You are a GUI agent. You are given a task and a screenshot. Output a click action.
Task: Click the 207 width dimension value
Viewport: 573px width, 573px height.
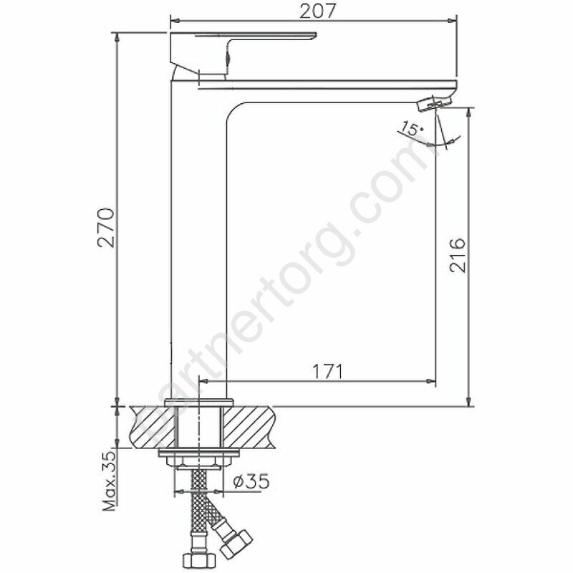(317, 11)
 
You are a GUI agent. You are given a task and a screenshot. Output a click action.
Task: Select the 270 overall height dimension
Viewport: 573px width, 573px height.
(106, 228)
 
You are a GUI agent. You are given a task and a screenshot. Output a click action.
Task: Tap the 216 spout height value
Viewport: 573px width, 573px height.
(458, 255)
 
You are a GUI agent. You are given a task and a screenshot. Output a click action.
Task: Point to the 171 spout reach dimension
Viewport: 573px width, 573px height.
(327, 371)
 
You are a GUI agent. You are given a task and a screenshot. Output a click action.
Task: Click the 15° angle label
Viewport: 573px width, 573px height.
(410, 129)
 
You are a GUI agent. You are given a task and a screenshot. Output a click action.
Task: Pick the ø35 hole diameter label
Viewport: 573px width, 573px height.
(251, 481)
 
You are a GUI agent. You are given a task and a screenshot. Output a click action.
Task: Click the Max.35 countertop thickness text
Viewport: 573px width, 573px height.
(110, 482)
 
